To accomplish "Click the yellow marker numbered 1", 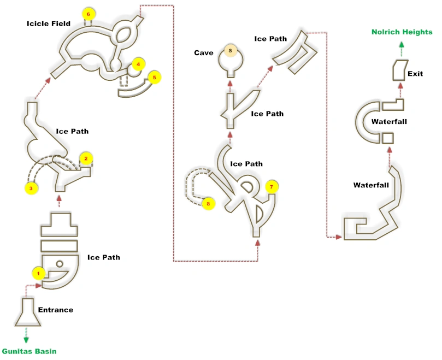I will (38, 272).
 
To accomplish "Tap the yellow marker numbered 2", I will (85, 158).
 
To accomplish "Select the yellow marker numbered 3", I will (31, 188).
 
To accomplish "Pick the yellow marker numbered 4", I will (138, 64).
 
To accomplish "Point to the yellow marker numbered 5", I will (154, 78).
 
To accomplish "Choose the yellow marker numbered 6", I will (87, 13).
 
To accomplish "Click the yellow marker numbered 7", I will (270, 187).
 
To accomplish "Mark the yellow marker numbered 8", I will (208, 204).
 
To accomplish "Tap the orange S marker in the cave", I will (230, 51).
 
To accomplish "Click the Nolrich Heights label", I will (402, 32).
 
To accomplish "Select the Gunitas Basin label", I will (29, 351).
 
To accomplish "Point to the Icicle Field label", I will (49, 23).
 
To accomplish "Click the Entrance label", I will (55, 310).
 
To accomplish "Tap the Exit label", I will (415, 74).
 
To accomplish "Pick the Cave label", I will (204, 53).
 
